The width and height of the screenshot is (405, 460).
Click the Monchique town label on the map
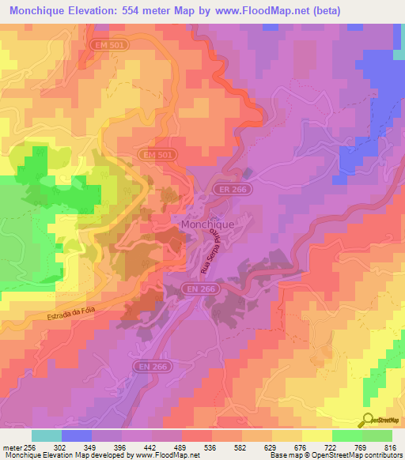click(x=207, y=224)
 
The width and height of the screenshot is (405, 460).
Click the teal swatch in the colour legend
click(x=47, y=435)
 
